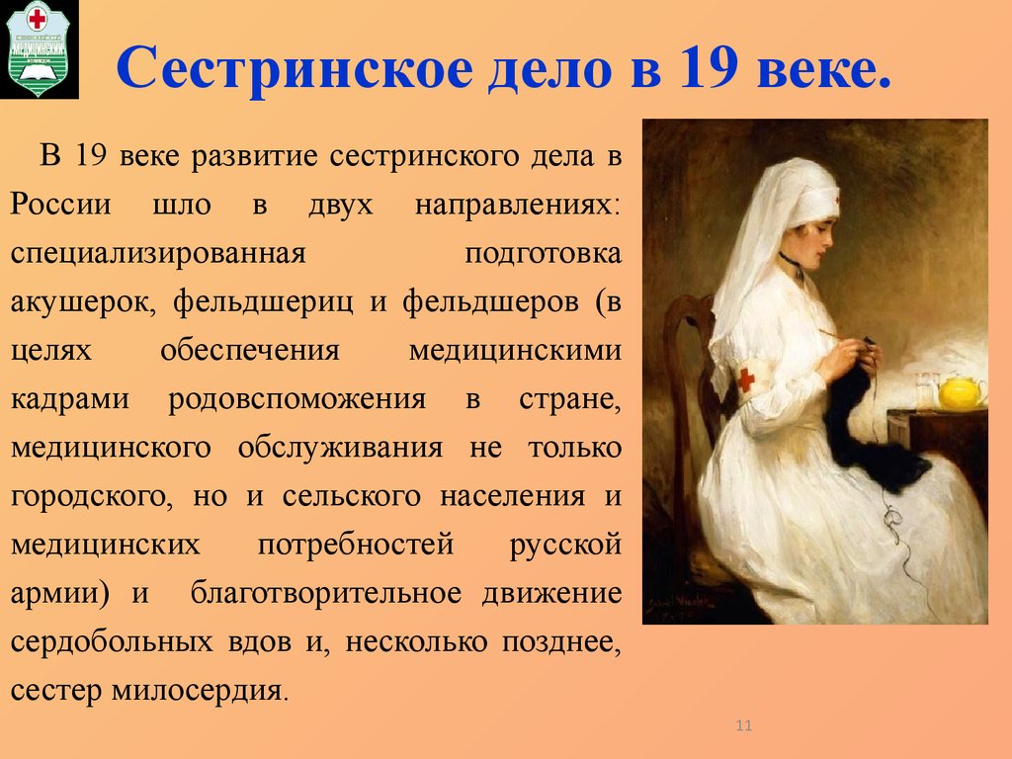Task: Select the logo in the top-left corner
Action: tap(41, 49)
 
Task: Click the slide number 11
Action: tap(744, 727)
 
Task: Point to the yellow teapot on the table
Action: tap(960, 391)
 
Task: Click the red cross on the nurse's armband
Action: tap(746, 379)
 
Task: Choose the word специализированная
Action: tap(157, 253)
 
